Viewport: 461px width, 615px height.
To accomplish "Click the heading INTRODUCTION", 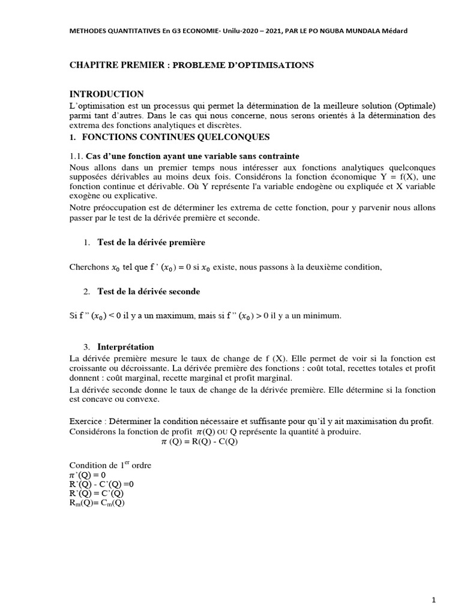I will pyautogui.click(x=106, y=94).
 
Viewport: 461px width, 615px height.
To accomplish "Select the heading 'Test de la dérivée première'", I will pyautogui.click(x=151, y=242).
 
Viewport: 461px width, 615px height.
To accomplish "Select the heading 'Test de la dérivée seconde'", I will pyautogui.click(x=148, y=291).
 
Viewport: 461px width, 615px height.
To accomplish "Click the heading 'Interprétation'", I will pyautogui.click(x=125, y=347).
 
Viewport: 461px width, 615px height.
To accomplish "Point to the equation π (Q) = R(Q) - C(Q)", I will pyautogui.click(x=200, y=441).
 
